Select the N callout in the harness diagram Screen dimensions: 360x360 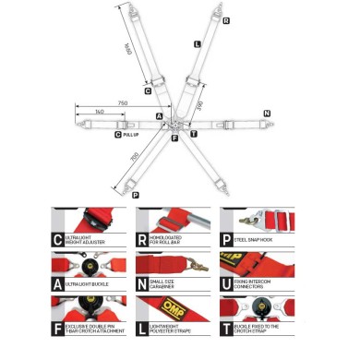267,113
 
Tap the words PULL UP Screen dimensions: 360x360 131,135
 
